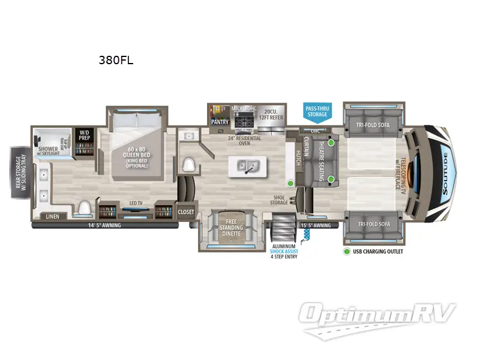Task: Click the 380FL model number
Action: tap(115, 60)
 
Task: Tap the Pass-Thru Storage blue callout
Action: tap(317, 111)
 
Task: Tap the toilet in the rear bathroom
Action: tap(84, 208)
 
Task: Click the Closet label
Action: tap(186, 212)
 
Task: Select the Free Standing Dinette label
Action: tap(230, 227)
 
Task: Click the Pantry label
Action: tap(220, 122)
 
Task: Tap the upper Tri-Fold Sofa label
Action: tap(369, 125)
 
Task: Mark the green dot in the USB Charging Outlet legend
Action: tap(347, 251)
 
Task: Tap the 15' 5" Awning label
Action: tap(315, 226)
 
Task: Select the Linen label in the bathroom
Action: tap(52, 216)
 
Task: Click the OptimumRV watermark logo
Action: tap(379, 314)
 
